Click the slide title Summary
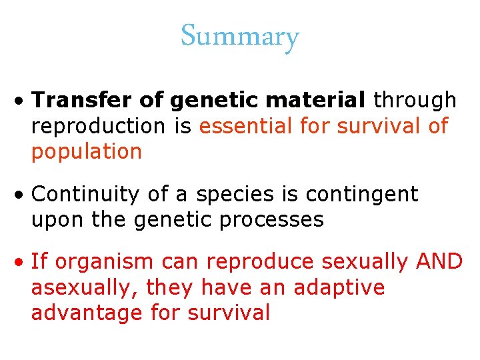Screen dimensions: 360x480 pos(239,37)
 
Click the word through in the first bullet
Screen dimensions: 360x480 pos(415,100)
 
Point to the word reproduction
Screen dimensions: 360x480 pos(97,126)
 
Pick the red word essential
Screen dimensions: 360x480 pos(249,125)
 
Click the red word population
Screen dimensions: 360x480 pos(86,151)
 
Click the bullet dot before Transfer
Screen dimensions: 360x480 pos(21,101)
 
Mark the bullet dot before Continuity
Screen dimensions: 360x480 pos(21,195)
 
